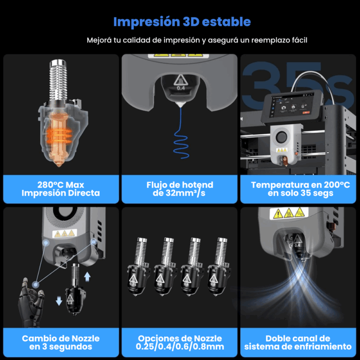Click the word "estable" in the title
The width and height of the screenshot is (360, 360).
coord(224,22)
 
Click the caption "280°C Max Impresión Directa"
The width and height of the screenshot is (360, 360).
coord(61,189)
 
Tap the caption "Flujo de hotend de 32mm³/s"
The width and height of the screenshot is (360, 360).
coord(179,189)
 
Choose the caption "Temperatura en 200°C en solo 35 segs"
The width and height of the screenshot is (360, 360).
coord(300,189)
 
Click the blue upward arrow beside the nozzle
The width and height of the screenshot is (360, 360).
coord(87,277)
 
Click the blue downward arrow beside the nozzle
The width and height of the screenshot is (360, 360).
coord(59,302)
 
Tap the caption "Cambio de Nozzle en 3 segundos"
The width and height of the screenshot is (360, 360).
coord(61,342)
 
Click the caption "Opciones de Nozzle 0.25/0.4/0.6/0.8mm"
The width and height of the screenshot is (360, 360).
coord(179,342)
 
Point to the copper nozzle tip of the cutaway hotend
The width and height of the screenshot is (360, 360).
coord(61,164)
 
